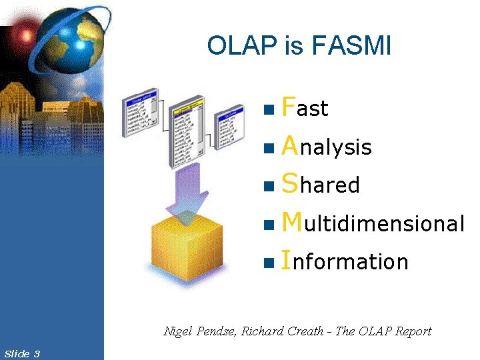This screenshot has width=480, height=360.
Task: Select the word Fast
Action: pyautogui.click(x=305, y=107)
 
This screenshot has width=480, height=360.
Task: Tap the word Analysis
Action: pyautogui.click(x=327, y=146)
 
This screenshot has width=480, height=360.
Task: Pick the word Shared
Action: pyautogui.click(x=321, y=184)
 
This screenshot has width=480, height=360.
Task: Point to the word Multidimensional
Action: pyautogui.click(x=373, y=223)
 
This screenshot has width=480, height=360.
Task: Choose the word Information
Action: pyautogui.click(x=345, y=261)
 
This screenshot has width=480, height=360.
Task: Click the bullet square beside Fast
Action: pyautogui.click(x=268, y=109)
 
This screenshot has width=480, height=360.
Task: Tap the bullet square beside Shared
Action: pyautogui.click(x=268, y=186)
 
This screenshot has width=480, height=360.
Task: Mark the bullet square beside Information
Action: pyautogui.click(x=268, y=263)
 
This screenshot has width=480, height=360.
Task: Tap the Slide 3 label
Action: pyautogui.click(x=21, y=353)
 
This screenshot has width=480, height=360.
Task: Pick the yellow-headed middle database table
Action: pyautogui.click(x=189, y=130)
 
